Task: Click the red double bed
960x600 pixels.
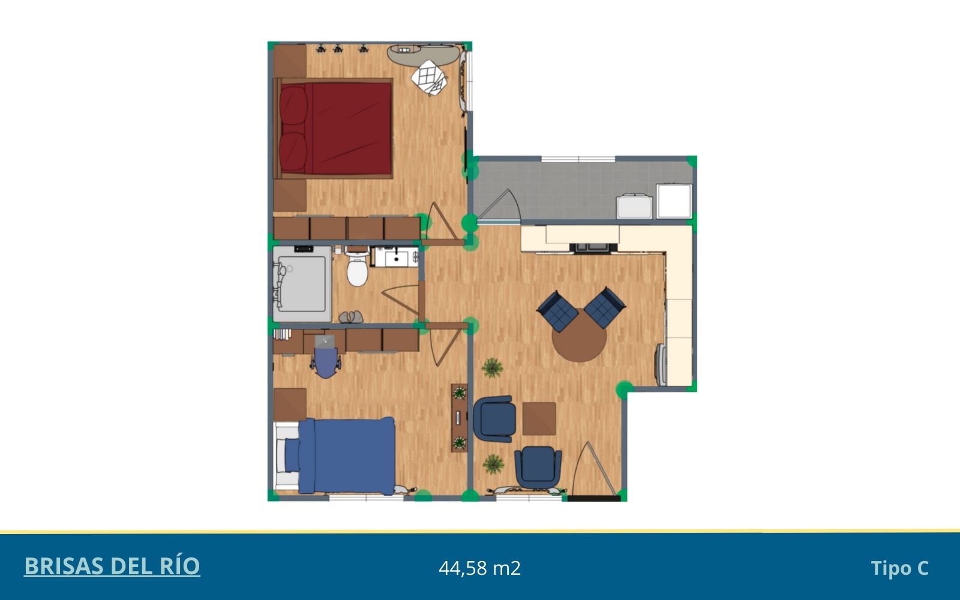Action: pos(334,128)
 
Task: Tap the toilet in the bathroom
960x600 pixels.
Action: pos(358,267)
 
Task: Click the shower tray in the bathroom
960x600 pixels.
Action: pos(302,284)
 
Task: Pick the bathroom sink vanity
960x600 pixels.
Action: pos(395,256)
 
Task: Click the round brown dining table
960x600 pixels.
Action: pos(579,335)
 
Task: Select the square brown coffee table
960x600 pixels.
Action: pos(539,419)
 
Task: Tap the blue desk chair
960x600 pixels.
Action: pos(326,362)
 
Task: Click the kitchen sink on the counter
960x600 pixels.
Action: pos(593,247)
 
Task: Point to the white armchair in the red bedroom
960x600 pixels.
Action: pos(430,77)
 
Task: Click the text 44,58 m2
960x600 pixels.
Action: pos(479,568)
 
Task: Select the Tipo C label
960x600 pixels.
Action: pos(899,568)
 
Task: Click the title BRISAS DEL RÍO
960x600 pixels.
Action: pos(112,566)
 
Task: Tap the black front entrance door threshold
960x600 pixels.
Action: pos(593,499)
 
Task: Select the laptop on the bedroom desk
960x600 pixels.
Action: pos(325,341)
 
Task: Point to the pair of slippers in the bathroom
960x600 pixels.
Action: pos(351,317)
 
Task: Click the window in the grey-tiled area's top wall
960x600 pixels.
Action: pos(578,159)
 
